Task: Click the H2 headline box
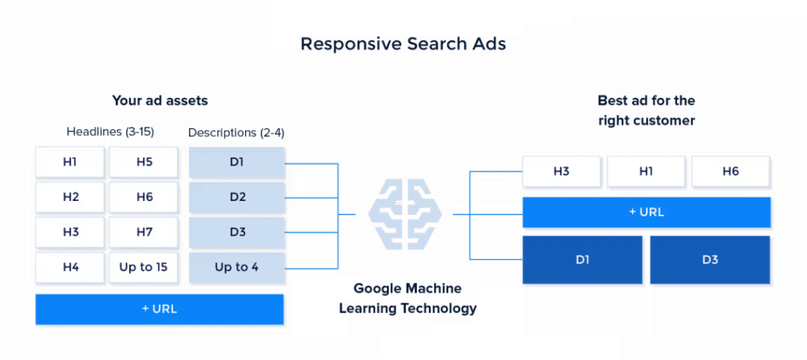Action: (70, 197)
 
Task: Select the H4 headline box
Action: (70, 267)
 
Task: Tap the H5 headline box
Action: (143, 162)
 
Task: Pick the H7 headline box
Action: (143, 232)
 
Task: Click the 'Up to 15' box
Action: (143, 267)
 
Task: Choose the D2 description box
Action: (236, 197)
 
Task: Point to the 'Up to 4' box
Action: (236, 267)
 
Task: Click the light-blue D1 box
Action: (236, 162)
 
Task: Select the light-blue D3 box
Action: (236, 232)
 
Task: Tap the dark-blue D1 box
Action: (582, 259)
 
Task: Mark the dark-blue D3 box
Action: (710, 259)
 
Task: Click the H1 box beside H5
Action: (70, 162)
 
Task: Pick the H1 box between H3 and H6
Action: (645, 171)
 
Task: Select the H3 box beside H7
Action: (70, 232)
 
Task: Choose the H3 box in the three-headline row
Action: (561, 171)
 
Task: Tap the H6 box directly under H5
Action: (143, 197)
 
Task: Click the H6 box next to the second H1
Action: (730, 171)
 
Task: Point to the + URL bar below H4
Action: (159, 308)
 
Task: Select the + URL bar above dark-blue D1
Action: (647, 212)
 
